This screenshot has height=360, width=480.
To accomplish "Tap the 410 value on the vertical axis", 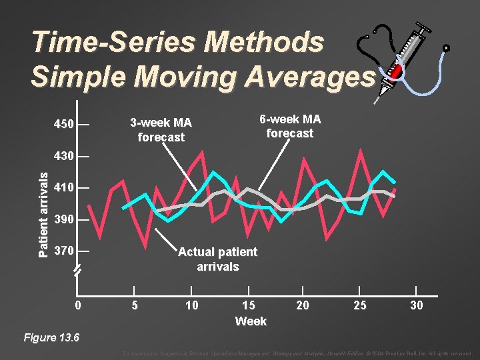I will (63, 188).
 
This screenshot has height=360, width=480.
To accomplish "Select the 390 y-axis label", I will (63, 220).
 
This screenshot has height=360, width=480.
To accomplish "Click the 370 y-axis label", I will (63, 251).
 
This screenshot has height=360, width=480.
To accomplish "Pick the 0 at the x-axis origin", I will (78, 305).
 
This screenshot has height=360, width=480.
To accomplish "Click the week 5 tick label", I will (135, 305).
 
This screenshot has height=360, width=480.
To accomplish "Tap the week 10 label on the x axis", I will (191, 305).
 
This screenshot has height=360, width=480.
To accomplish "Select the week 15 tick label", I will (248, 305).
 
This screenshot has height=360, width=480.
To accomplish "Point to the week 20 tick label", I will (303, 305).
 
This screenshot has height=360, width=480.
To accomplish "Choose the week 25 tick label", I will (359, 305).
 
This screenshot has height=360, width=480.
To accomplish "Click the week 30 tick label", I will (416, 305).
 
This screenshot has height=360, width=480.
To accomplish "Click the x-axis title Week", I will (251, 321).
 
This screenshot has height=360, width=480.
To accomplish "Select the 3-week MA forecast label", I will (161, 130).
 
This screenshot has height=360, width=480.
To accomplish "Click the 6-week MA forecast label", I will (290, 126).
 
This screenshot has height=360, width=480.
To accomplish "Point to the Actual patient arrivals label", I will (217, 259).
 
